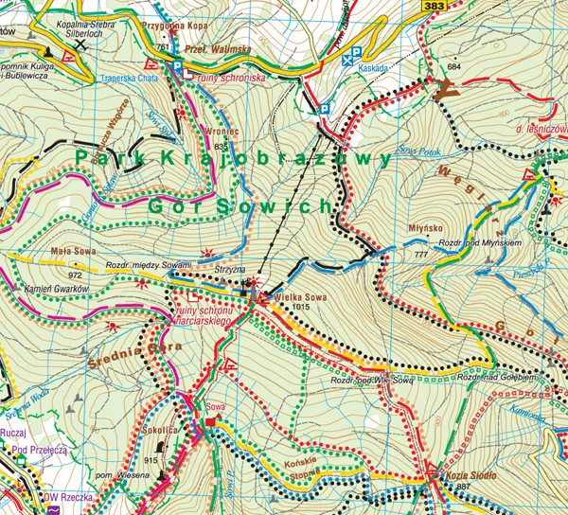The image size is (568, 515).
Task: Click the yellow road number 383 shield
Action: pos(435,6)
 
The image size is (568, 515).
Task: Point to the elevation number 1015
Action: pos(301,308)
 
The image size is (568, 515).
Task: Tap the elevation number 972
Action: pos(76,274)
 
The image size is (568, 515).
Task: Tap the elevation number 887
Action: pos(463,487)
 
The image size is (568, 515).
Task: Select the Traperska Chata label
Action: pos(126,80)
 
